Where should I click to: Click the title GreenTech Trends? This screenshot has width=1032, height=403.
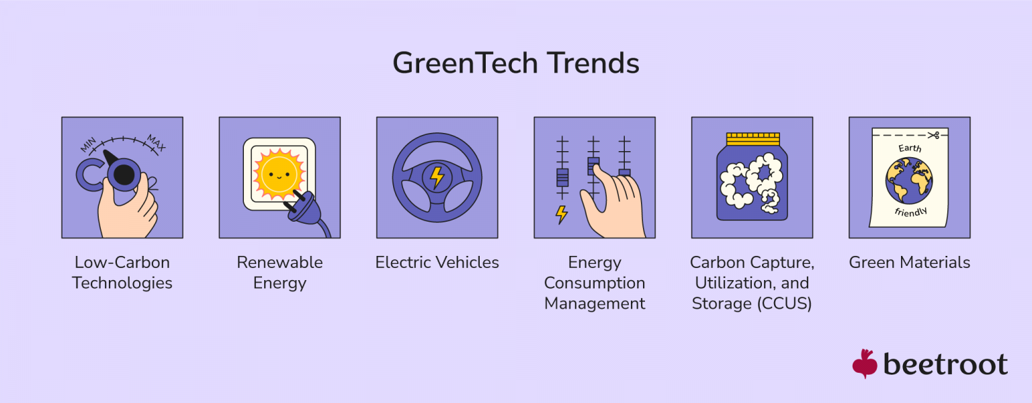[x=515, y=64]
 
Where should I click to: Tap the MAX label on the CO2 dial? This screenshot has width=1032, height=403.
[x=155, y=142]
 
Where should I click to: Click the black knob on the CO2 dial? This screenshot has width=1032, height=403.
[x=124, y=175]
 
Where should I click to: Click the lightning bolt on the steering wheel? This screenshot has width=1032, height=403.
[x=437, y=177]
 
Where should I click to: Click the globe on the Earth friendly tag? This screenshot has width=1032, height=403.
[x=908, y=181]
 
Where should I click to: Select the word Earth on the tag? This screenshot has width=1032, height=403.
[x=910, y=148]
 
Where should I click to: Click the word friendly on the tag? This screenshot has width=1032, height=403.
[x=910, y=212]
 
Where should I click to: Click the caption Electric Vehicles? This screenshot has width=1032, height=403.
[x=437, y=262]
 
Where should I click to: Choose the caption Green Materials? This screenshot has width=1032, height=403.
[x=909, y=262]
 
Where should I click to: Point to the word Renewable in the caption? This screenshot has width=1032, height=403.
[x=279, y=262]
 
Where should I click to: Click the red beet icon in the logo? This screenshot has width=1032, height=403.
[x=865, y=363]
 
